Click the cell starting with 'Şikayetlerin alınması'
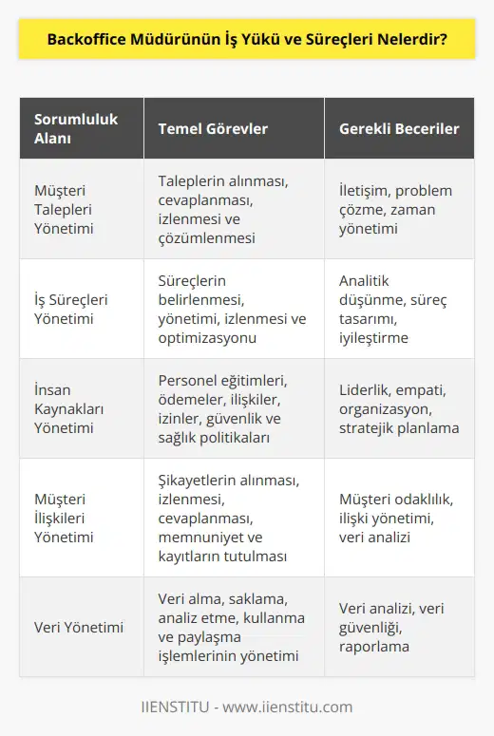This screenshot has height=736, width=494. pos(229,517)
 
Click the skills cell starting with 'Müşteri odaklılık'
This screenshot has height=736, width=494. pos(395,517)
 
